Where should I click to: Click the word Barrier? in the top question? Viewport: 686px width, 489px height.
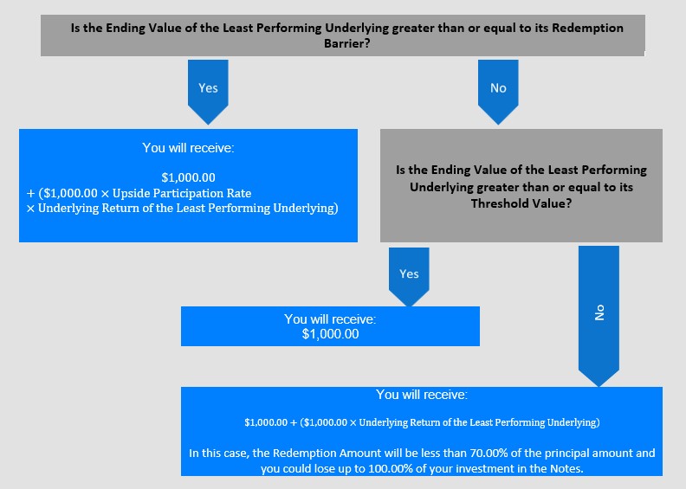click(347, 43)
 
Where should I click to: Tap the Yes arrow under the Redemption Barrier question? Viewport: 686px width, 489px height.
click(208, 92)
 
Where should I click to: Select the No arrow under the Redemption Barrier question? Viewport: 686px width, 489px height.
click(498, 92)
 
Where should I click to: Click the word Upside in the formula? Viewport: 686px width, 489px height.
click(127, 193)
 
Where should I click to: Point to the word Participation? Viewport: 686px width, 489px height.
click(187, 193)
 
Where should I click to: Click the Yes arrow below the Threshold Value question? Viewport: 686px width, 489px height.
click(409, 277)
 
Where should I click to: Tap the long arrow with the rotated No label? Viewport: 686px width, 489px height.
click(599, 316)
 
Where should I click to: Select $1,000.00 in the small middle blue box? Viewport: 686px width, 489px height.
click(330, 334)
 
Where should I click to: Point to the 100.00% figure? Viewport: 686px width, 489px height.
click(391, 469)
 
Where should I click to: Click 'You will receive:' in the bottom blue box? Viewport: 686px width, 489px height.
click(422, 395)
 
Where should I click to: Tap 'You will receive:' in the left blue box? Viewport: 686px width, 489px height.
click(188, 148)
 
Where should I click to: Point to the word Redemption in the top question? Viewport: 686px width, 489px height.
click(587, 28)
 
